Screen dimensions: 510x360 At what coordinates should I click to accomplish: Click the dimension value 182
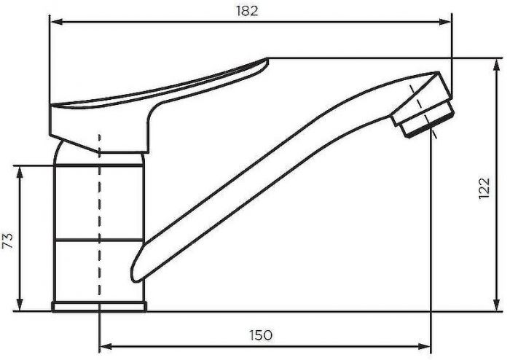[247, 11]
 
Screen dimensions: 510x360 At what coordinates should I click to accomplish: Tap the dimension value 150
[260, 335]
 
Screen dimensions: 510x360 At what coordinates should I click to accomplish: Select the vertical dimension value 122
[484, 188]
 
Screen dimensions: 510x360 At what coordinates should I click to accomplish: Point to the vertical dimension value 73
[8, 240]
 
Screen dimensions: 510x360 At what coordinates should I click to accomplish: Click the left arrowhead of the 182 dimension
[58, 22]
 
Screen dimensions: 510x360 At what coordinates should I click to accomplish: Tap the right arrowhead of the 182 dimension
[445, 22]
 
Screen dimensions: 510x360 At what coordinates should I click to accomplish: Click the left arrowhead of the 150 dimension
[106, 346]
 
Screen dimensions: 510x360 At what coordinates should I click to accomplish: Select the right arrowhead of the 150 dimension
[424, 346]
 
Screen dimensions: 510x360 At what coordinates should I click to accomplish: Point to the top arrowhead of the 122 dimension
[496, 66]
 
